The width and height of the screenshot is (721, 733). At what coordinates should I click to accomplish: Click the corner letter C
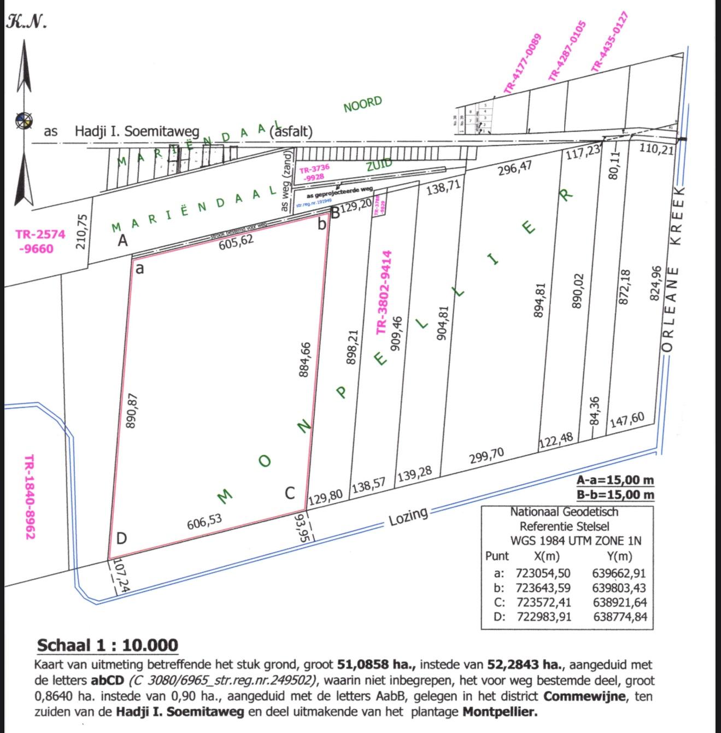[290, 494]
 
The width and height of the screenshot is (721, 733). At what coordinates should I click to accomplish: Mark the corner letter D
[121, 538]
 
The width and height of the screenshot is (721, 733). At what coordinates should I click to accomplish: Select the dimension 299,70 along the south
[486, 455]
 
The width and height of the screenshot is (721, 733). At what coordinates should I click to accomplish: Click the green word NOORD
[362, 104]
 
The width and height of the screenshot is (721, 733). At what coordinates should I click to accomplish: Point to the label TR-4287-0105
[567, 51]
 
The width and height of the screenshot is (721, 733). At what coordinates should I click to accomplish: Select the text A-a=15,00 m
[615, 480]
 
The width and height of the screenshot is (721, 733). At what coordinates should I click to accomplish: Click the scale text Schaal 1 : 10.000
[107, 645]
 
